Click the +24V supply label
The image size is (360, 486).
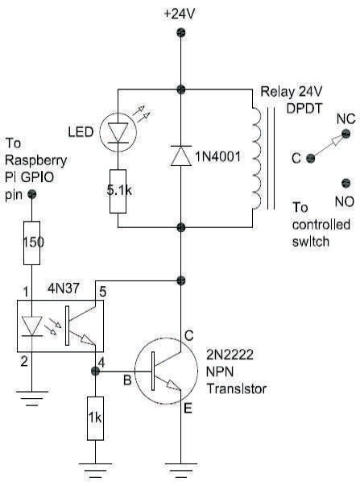179,14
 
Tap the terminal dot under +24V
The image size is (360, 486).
180,32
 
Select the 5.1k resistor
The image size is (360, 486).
118,191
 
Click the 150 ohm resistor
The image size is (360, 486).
32,243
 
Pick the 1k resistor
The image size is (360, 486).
95,418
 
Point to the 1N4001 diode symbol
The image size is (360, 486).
181,156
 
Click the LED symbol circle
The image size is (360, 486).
118,133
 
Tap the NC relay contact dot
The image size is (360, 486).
346,134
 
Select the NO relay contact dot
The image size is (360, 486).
346,183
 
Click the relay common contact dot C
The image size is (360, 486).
310,159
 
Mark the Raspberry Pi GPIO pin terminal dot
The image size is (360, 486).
32,194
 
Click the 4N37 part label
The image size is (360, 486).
63,289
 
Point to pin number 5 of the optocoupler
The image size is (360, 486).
102,292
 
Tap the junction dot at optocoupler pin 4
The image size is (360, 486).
95,371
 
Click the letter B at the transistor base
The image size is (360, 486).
127,380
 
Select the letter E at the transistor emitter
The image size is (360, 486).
188,409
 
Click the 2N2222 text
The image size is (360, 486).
230,355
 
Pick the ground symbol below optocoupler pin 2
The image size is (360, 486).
32,398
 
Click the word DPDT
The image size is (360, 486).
304,109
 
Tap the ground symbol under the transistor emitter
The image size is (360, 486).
181,471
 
